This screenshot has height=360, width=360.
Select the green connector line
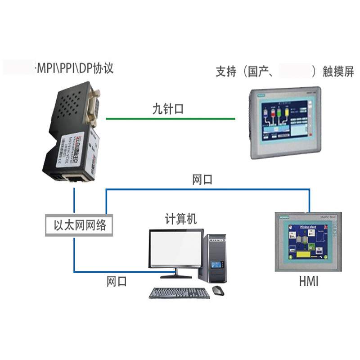[171, 119]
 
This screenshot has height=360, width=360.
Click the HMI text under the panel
[309, 282]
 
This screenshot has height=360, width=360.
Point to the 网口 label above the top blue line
[202, 180]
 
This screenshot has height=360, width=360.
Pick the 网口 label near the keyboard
[117, 282]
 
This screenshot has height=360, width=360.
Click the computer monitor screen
[176, 249]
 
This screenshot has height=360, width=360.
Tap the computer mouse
[218, 291]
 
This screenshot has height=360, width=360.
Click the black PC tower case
[216, 258]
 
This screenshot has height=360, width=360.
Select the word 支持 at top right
[226, 72]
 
